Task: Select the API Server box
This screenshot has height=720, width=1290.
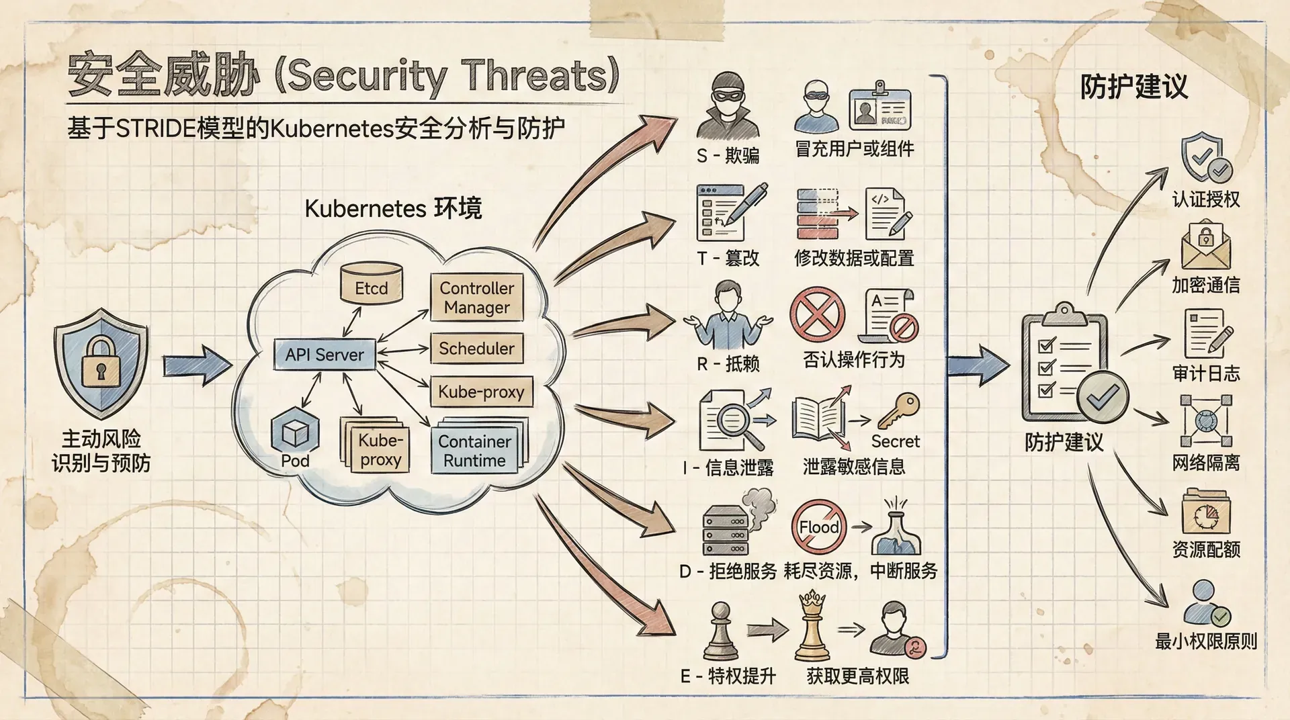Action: click(x=325, y=354)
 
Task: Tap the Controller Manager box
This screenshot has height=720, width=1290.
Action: click(x=477, y=298)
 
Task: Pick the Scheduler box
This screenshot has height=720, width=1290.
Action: click(x=476, y=349)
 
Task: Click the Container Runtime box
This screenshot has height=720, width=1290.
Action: click(x=475, y=451)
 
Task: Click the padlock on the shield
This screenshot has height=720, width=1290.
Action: click(x=101, y=362)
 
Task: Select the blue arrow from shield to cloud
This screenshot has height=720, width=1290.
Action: click(x=198, y=366)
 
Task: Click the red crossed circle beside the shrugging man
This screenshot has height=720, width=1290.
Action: click(x=817, y=314)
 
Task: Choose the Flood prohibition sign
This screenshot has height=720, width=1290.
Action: click(x=818, y=527)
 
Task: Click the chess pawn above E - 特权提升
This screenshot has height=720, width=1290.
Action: click(x=720, y=631)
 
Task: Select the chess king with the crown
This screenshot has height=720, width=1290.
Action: click(x=812, y=626)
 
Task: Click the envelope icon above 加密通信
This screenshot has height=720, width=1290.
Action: click(x=1206, y=246)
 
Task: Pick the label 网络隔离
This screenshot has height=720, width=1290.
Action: click(x=1206, y=463)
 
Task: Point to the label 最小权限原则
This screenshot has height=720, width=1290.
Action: click(x=1206, y=641)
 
